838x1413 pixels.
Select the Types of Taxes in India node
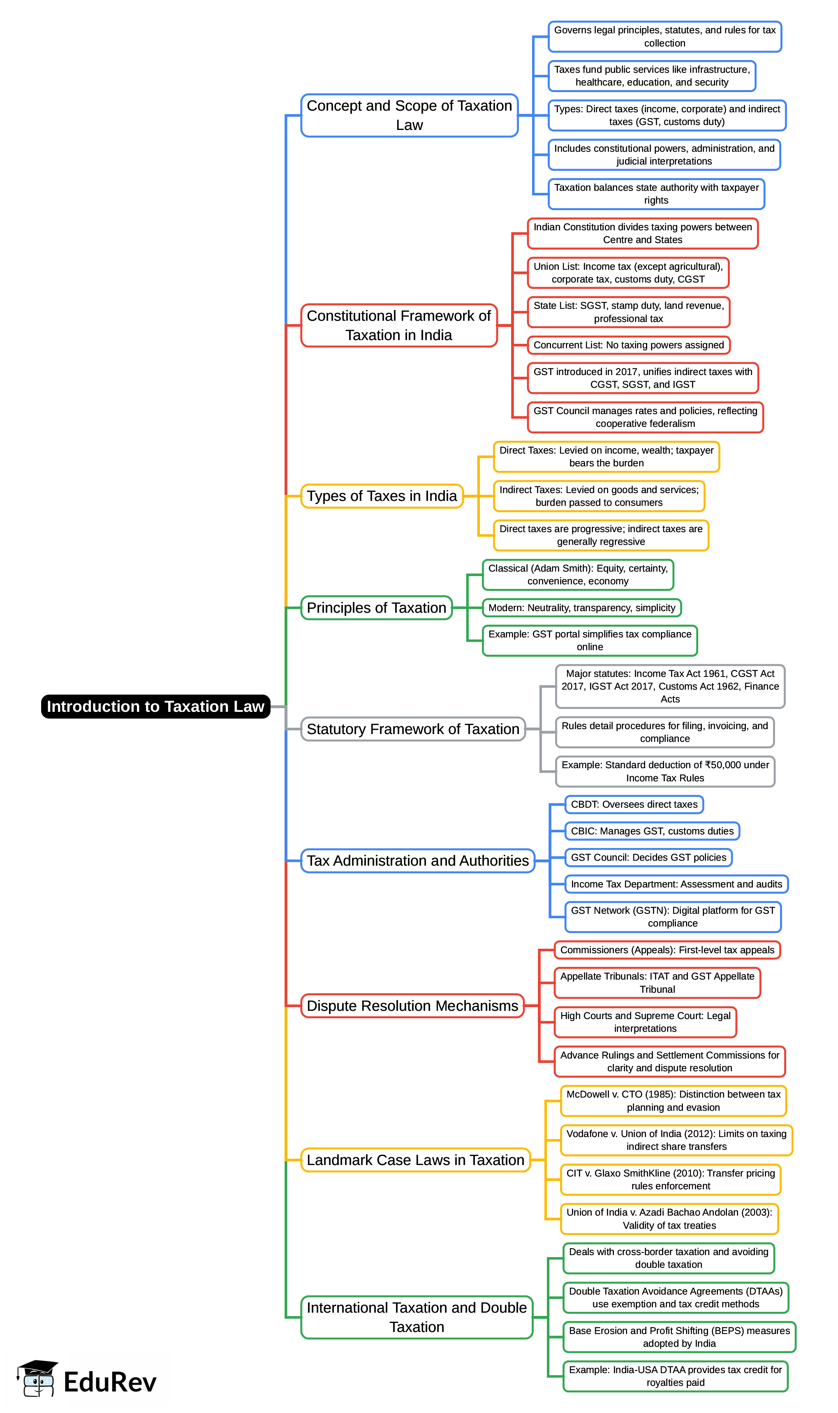pyautogui.click(x=382, y=496)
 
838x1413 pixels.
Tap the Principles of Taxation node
pyautogui.click(x=376, y=608)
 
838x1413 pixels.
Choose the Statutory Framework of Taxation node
pyautogui.click(x=413, y=729)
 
